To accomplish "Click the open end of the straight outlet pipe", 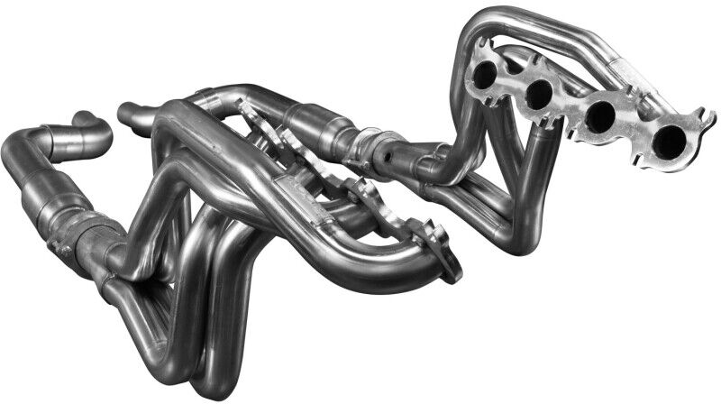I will tap(123, 113).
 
